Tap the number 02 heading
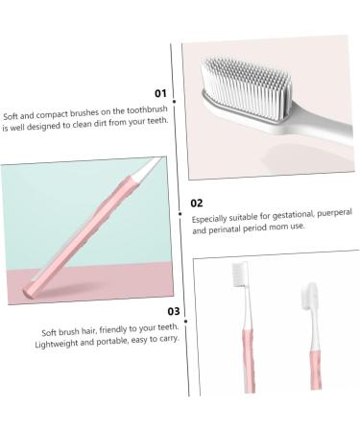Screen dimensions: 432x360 point(196,203)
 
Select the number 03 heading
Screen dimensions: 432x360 point(174,311)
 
